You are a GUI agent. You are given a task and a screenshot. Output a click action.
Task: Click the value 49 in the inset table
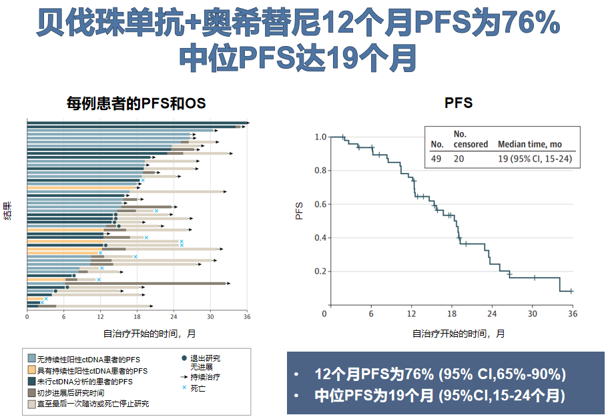pos(437,159)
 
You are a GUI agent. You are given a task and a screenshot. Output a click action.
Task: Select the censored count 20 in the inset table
pos(460,159)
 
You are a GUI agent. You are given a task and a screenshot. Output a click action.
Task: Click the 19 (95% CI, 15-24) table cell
pos(535,159)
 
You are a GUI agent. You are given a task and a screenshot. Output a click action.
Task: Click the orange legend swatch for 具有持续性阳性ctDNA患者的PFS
pos(31,370)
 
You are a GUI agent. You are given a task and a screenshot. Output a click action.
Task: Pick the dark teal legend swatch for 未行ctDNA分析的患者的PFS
pos(31,381)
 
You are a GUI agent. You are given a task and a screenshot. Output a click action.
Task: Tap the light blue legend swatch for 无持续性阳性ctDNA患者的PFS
pos(31,359)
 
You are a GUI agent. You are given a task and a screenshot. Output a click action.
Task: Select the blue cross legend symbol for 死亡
pos(184,387)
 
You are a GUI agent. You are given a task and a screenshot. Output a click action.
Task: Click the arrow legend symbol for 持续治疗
pos(184,377)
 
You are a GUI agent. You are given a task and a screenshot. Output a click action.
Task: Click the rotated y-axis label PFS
pos(300,211)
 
